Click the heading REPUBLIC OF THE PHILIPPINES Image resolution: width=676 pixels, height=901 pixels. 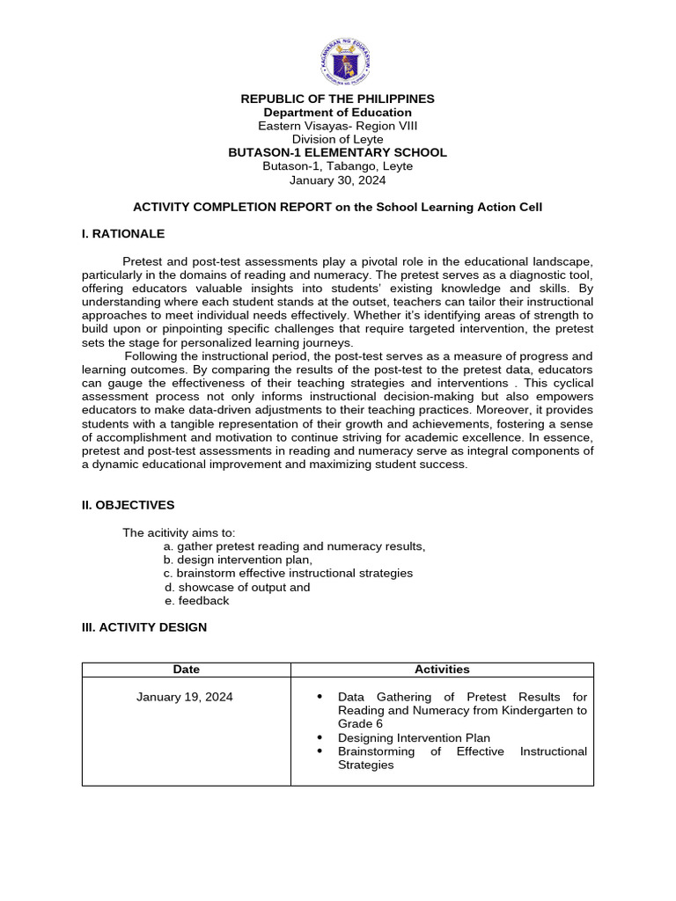[x=338, y=99]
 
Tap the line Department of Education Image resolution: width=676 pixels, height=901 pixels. [x=338, y=113]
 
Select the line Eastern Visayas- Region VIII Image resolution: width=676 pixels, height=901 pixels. [x=338, y=126]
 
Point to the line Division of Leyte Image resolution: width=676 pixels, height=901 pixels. [x=338, y=139]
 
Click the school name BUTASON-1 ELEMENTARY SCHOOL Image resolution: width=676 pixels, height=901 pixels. [x=338, y=152]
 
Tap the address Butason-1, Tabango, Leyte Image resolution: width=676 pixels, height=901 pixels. [x=338, y=165]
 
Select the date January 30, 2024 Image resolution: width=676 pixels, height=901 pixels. [x=338, y=179]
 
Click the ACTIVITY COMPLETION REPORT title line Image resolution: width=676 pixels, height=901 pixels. [x=338, y=207]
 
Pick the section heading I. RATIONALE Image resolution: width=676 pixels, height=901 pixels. [x=123, y=234]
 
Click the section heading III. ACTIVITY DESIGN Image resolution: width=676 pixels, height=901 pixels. [x=144, y=627]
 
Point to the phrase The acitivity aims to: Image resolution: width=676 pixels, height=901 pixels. [x=179, y=533]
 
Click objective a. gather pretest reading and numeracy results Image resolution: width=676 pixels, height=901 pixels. [x=294, y=546]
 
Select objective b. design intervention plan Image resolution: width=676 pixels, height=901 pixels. [x=238, y=560]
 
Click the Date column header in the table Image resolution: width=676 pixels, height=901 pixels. [x=187, y=670]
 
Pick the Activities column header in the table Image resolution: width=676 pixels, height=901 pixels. [x=442, y=670]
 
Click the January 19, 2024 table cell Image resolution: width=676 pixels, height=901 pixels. [x=185, y=697]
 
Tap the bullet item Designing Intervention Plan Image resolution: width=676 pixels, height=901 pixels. [x=414, y=737]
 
